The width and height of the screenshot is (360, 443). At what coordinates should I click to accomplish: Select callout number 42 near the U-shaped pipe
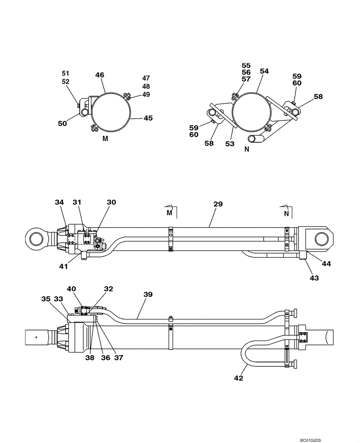tap(239, 378)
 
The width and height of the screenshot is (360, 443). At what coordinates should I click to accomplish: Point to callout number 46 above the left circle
tap(99, 75)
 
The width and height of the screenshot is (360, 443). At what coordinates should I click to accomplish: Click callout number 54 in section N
tap(264, 71)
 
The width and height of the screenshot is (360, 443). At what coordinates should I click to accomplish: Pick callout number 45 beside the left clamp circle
tap(148, 118)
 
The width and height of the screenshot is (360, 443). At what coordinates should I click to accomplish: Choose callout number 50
tap(62, 124)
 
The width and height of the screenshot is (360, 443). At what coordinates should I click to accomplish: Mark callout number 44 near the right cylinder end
tap(326, 263)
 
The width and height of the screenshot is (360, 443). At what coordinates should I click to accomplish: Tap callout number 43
tap(314, 278)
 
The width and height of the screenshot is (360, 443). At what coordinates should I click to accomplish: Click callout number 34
tap(59, 202)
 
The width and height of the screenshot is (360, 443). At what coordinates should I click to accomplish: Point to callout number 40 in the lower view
tap(71, 288)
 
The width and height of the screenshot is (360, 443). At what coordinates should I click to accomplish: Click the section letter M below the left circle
tap(105, 139)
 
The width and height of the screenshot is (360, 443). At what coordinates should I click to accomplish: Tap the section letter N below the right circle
tap(247, 149)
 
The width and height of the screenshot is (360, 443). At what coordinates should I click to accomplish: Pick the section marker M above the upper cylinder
tap(169, 213)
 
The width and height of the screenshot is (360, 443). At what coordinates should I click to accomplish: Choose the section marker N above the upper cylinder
tap(287, 213)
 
